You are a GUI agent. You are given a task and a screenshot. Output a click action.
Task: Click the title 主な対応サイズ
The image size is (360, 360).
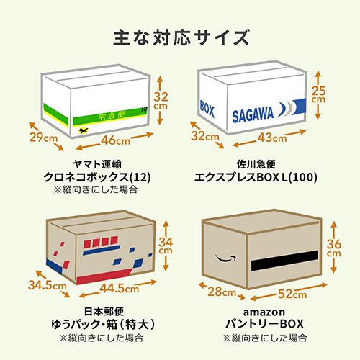pyautogui.click(x=181, y=37)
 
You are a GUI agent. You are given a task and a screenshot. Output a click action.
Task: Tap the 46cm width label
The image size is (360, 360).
pyautogui.click(x=116, y=140)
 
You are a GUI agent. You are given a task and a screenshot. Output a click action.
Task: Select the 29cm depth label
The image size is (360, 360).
pyautogui.click(x=43, y=138)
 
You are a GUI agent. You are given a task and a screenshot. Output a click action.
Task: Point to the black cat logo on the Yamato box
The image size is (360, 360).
pyautogui.click(x=83, y=131)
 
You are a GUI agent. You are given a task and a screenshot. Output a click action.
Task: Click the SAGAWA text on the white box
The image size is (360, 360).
pyautogui.click(x=253, y=115)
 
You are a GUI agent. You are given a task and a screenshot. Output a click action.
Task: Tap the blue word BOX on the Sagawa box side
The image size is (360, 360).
pyautogui.click(x=207, y=109)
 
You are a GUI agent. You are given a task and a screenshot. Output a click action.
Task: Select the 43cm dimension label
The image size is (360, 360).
pyautogui.click(x=272, y=138)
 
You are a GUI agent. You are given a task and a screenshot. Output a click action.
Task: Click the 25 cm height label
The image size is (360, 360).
pyautogui.click(x=318, y=94)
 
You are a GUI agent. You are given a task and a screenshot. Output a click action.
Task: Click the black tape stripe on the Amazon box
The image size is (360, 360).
pyautogui.click(x=284, y=260)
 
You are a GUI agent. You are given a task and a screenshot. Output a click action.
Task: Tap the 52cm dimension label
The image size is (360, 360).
pyautogui.click(x=292, y=294)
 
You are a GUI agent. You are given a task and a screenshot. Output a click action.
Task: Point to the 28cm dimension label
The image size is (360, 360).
pyautogui.click(x=222, y=292)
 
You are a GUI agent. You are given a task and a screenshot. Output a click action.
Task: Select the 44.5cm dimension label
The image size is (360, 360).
pyautogui.click(x=120, y=288)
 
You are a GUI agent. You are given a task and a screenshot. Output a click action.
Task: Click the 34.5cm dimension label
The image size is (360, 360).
pyautogui.click(x=48, y=285)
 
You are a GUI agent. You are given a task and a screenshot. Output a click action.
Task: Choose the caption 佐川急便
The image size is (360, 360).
pyautogui.click(x=256, y=164)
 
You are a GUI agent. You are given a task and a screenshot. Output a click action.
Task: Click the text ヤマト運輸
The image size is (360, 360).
pyautogui.click(x=97, y=164)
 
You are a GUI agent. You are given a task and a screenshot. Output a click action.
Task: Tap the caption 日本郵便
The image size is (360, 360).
pyautogui.click(x=104, y=312)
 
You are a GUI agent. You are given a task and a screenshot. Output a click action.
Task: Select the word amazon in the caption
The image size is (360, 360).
pyautogui.click(x=264, y=312)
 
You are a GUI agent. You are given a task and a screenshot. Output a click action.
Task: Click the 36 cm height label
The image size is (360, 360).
pyautogui.click(x=333, y=248)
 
